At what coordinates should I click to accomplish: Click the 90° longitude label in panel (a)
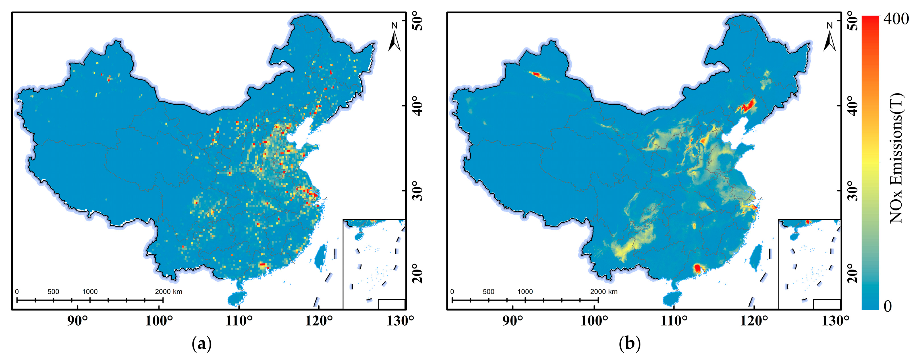[x=77, y=321]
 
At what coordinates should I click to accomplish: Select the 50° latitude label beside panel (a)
[x=418, y=21]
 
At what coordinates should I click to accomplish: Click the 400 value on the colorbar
[x=896, y=19]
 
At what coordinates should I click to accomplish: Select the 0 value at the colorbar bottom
[x=887, y=306]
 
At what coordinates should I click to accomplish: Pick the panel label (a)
[x=202, y=344]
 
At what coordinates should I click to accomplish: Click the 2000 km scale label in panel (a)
[x=168, y=292]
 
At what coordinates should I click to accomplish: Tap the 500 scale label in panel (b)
[x=488, y=292]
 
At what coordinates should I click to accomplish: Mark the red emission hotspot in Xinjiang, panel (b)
[x=536, y=74]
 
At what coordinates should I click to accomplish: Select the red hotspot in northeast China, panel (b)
[x=748, y=105]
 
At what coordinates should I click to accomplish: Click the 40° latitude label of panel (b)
[x=853, y=105]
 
